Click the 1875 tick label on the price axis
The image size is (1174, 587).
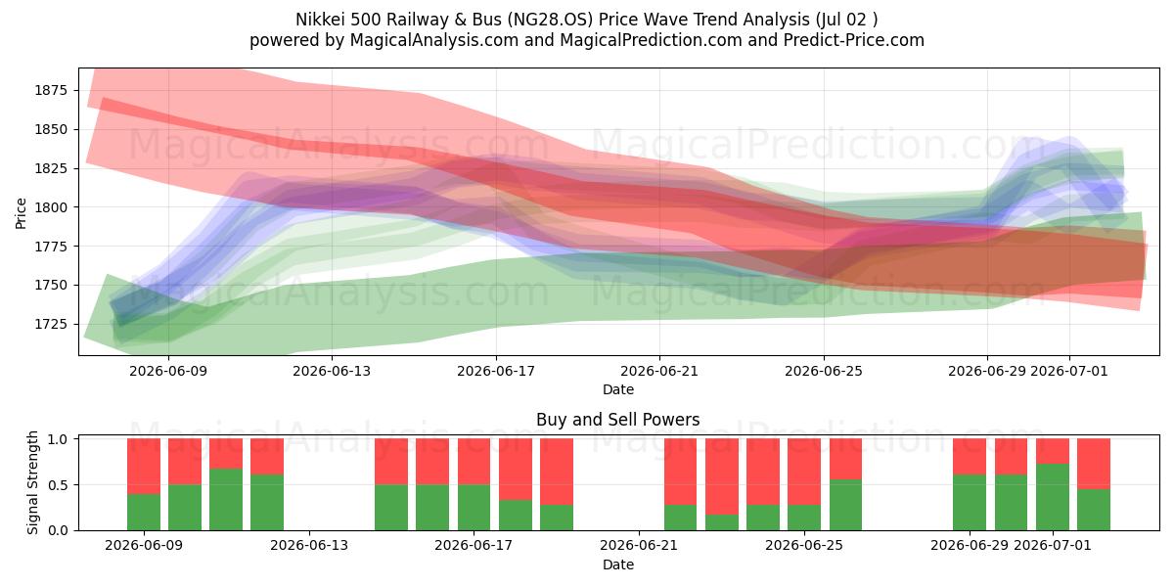tap(51, 90)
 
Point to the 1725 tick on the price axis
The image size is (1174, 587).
tap(51, 324)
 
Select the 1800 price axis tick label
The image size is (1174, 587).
tap(51, 207)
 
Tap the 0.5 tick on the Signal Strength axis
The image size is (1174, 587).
tap(58, 485)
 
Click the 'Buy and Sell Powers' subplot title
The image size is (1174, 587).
tap(618, 420)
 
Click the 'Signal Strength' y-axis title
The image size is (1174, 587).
tap(32, 482)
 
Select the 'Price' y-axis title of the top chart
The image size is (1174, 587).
tap(21, 213)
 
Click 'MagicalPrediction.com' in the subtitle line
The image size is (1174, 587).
tap(651, 40)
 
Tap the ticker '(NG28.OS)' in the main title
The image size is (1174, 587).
tap(550, 20)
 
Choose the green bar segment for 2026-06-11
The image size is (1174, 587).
tap(226, 500)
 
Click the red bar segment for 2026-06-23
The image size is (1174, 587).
tap(722, 476)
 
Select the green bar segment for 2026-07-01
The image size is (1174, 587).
tap(1053, 497)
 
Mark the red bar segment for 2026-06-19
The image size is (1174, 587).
tap(557, 472)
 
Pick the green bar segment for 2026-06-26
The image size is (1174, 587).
tap(845, 505)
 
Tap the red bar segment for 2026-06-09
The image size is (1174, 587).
tap(144, 467)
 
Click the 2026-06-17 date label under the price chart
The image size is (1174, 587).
tap(496, 371)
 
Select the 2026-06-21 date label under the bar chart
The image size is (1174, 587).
tap(638, 545)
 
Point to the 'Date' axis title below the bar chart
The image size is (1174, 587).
tap(618, 564)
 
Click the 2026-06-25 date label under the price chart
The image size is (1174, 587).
tap(824, 371)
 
